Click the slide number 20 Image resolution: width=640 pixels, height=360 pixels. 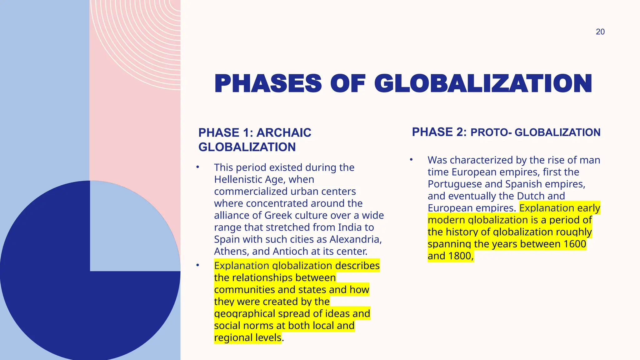pyautogui.click(x=600, y=32)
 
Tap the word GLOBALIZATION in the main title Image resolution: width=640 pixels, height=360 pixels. pyautogui.click(x=483, y=84)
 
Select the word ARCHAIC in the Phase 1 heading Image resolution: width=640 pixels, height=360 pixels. pyautogui.click(x=284, y=133)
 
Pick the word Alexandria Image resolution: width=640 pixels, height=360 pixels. pyautogui.click(x=356, y=239)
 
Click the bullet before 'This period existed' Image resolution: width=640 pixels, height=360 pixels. pyautogui.click(x=197, y=167)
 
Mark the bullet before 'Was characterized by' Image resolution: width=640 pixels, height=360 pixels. pyautogui.click(x=411, y=160)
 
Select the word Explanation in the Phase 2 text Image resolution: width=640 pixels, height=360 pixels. pyautogui.click(x=547, y=208)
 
